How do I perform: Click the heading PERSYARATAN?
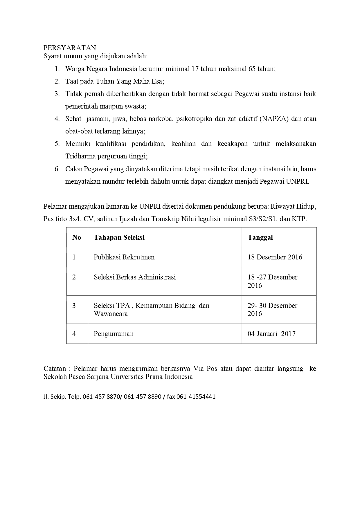[x=70, y=48]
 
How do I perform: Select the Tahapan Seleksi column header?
[x=119, y=237]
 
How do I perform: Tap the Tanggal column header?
[x=260, y=237]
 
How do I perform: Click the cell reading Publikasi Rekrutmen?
[x=124, y=257]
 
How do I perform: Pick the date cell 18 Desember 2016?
[x=275, y=257]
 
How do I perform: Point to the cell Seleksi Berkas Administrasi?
[x=135, y=277]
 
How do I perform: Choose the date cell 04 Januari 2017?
[x=271, y=334]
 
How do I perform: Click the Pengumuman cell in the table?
[x=114, y=334]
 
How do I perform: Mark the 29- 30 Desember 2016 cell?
[x=272, y=310]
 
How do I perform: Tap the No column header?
[x=77, y=237]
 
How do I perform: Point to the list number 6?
[x=57, y=169]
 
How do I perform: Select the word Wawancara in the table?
[x=111, y=314]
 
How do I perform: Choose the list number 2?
[x=57, y=82]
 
